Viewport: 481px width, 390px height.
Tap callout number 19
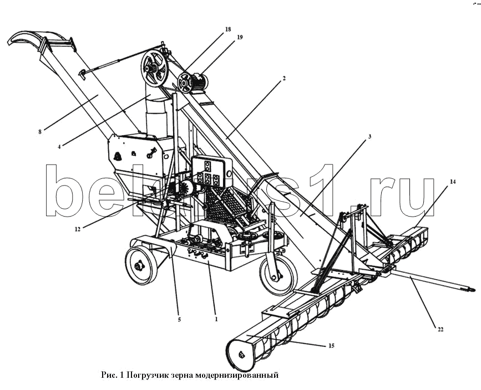[x=240, y=38]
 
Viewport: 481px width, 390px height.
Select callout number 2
[x=284, y=79]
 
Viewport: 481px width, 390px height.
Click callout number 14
[x=453, y=181]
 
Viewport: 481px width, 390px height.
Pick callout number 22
[x=440, y=330]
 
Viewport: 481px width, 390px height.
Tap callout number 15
[x=331, y=346]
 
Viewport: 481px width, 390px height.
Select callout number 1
[x=216, y=320]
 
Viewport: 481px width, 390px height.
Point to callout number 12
[x=78, y=228]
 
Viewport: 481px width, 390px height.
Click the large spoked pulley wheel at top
[x=154, y=68]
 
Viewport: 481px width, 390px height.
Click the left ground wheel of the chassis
[x=138, y=265]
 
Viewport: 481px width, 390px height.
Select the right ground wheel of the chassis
[x=277, y=275]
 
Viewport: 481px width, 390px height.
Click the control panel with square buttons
[x=211, y=171]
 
